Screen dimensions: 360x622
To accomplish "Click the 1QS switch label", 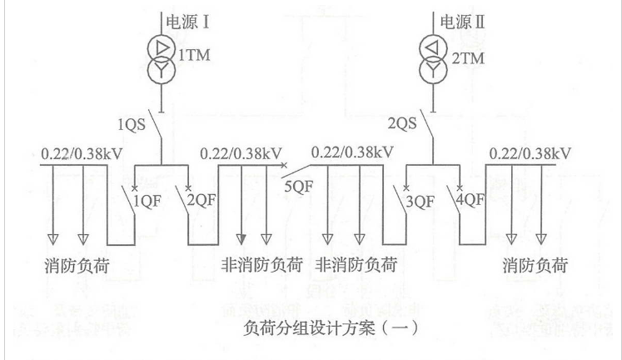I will tap(132, 124).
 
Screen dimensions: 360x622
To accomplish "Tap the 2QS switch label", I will tap(404, 124).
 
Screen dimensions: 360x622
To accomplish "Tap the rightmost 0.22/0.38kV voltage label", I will tap(531, 153).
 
